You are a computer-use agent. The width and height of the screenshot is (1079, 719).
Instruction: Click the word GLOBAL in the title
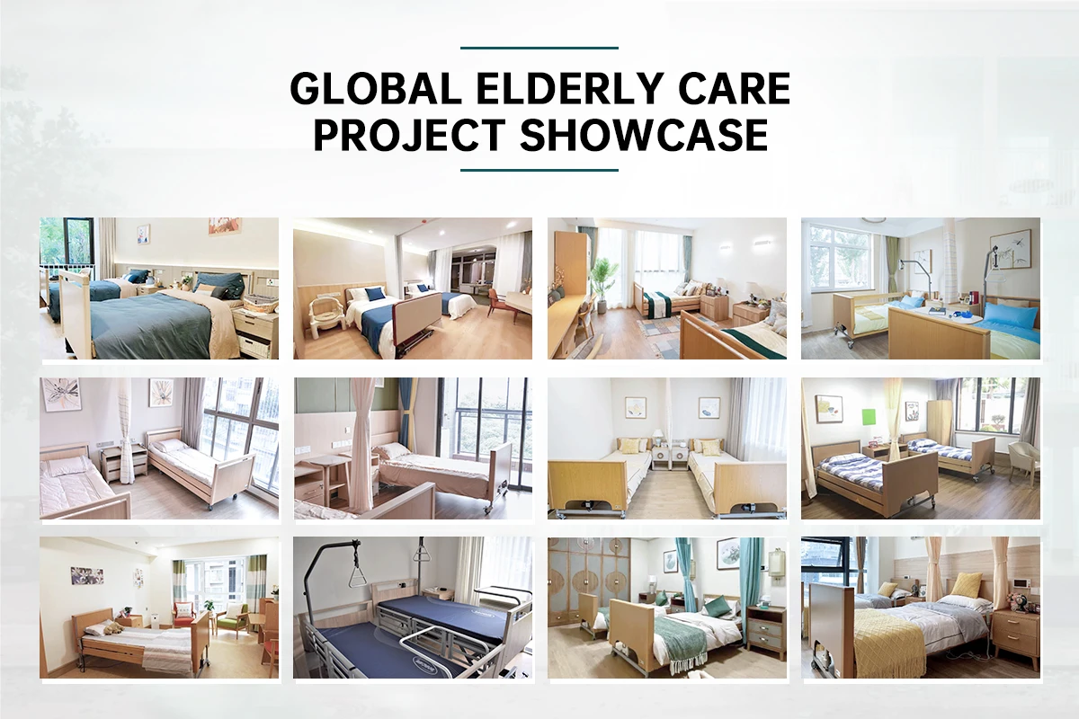point(376,89)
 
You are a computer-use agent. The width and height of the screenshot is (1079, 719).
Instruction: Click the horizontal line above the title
point(539,49)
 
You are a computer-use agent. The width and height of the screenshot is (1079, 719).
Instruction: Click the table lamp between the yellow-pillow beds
point(656,439)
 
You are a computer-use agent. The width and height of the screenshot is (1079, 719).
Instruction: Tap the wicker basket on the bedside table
point(262,305)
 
